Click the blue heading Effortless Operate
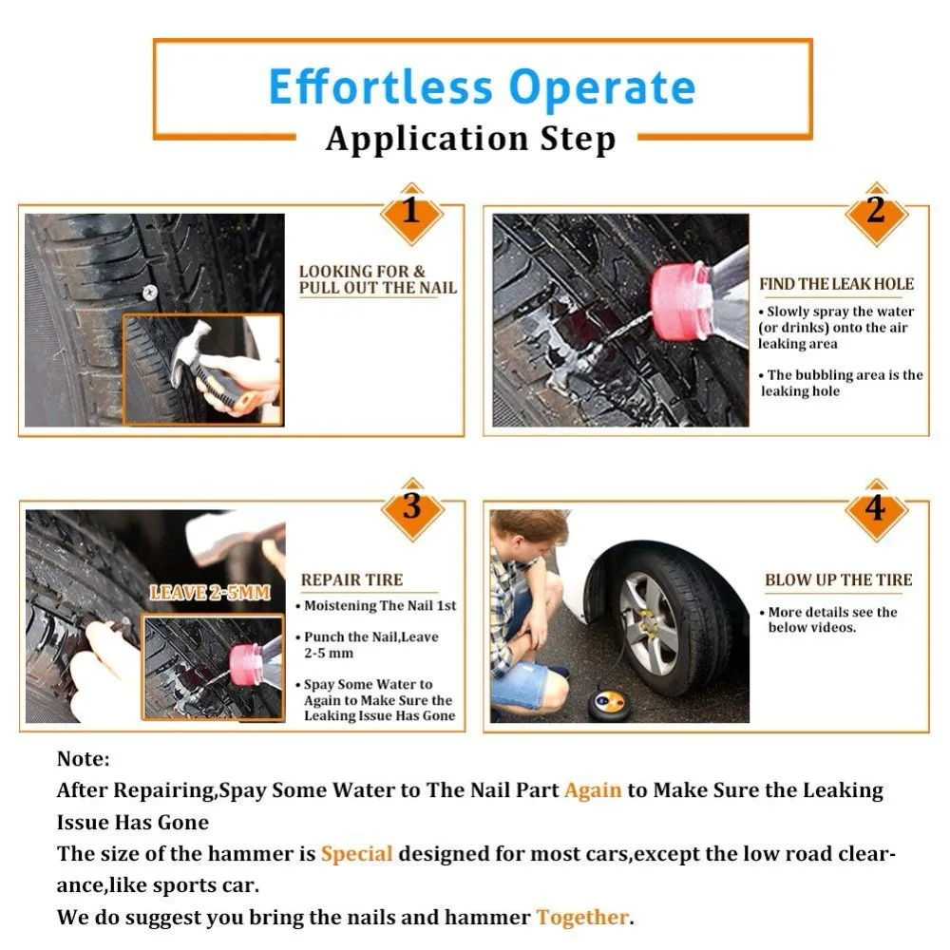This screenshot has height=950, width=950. [x=482, y=86]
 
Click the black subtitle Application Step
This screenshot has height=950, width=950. [x=471, y=140]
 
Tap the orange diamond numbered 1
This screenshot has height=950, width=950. [x=412, y=213]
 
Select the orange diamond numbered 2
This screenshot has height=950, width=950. [x=876, y=213]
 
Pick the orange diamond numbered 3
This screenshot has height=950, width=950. [x=412, y=508]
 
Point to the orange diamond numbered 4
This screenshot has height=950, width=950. [x=876, y=508]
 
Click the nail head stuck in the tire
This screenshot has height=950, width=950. [x=149, y=294]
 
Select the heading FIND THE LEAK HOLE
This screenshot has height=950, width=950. [x=837, y=284]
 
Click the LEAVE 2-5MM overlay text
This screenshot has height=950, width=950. [x=210, y=592]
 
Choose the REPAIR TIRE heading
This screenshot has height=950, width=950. [x=352, y=579]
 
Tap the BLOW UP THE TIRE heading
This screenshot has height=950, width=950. [x=839, y=579]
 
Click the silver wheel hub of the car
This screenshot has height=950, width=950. [x=648, y=623]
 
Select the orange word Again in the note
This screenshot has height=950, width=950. [x=593, y=790]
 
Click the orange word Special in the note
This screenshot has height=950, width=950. [x=357, y=854]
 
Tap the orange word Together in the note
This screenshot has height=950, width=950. [x=582, y=918]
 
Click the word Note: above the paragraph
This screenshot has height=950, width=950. [x=84, y=758]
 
